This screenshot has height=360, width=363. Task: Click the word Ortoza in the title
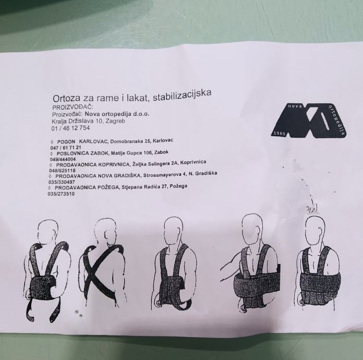pyautogui.click(x=67, y=98)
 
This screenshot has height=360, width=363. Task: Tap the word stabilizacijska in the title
pyautogui.click(x=182, y=94)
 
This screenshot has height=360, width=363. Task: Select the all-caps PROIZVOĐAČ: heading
pyautogui.click(x=72, y=107)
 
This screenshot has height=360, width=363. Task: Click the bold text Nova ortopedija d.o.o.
pyautogui.click(x=117, y=114)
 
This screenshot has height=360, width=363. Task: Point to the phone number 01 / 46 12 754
pyautogui.click(x=70, y=128)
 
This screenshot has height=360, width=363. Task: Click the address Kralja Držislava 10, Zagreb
pyautogui.click(x=89, y=121)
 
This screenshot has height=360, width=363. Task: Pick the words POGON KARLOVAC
pyautogui.click(x=82, y=142)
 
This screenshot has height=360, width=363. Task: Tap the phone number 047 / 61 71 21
pyautogui.click(x=66, y=148)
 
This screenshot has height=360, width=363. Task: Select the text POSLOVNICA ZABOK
pyautogui.click(x=83, y=153)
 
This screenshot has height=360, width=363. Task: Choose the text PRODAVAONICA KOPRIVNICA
pyautogui.click(x=93, y=165)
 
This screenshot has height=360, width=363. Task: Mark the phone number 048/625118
pyautogui.click(x=62, y=171)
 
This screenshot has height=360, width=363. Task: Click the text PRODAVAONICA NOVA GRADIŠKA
pyautogui.click(x=98, y=176)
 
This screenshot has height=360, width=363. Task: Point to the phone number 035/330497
pyautogui.click(x=62, y=182)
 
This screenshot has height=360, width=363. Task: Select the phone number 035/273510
pyautogui.click(x=61, y=194)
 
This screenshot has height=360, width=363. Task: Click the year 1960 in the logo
pyautogui.click(x=280, y=134)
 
